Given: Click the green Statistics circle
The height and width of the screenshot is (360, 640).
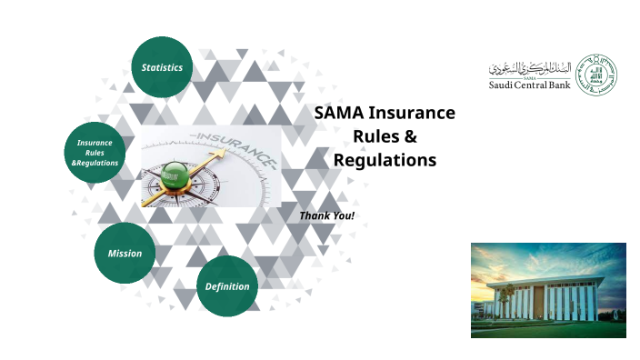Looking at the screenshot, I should pos(162,67).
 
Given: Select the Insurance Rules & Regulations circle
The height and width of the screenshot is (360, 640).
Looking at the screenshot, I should pos(95,152).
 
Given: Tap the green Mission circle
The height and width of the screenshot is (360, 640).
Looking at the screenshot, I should pos(125,253).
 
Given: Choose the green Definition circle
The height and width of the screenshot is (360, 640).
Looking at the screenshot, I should pos(226,286).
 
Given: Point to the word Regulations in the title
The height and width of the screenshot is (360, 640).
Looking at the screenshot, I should pos(385,161).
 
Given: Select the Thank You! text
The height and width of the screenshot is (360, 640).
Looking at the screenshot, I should pos(326,215).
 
